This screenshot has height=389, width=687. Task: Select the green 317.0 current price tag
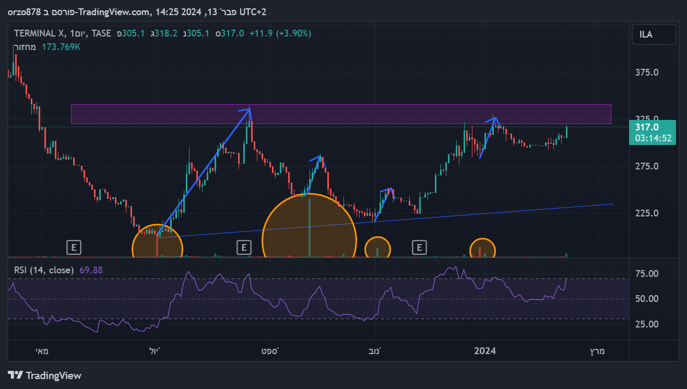[x=647, y=127]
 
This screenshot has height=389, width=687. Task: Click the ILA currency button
[x=646, y=34]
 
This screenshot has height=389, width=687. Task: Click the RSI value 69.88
[x=91, y=270]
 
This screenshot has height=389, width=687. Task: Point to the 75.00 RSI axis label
[x=646, y=274]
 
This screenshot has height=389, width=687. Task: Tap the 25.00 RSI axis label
[x=646, y=324]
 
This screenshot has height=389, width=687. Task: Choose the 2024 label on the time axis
[x=485, y=350]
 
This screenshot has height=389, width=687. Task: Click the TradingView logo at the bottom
[x=45, y=375]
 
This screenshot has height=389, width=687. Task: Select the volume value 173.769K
[x=61, y=47]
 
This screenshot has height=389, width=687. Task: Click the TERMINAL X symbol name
[x=39, y=33]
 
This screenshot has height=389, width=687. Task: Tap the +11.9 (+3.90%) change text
[x=280, y=33]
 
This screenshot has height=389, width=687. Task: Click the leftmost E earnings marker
[x=74, y=247]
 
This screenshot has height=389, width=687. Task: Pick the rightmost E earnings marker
[x=419, y=247]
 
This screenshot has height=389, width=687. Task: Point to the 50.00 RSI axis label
[x=646, y=299]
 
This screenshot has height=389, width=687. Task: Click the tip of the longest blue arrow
[x=250, y=108]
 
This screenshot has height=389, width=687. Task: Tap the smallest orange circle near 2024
[x=482, y=248]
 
